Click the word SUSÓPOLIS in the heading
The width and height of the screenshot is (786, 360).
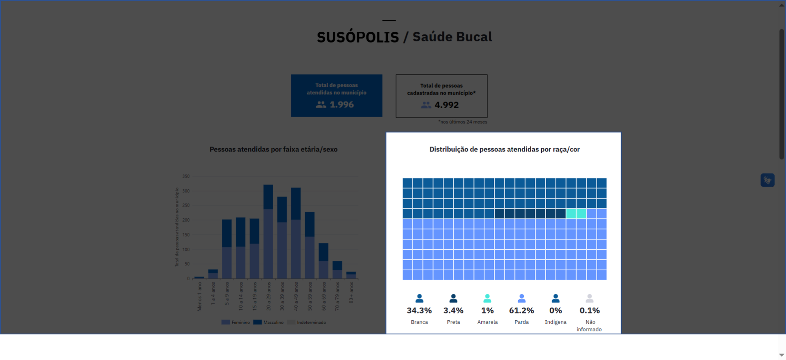(358, 37)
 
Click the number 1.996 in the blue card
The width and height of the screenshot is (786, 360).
(341, 105)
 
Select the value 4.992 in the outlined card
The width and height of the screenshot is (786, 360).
(446, 105)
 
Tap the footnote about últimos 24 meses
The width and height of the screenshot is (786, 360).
(463, 122)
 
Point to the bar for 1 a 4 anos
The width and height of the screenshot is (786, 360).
(213, 274)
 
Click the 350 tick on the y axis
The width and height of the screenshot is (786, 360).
(186, 176)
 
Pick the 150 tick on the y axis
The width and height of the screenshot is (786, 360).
(186, 235)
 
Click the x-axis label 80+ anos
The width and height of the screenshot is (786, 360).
(351, 293)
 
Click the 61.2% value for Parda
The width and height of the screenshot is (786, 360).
(521, 310)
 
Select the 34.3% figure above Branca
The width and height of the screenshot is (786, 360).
(419, 310)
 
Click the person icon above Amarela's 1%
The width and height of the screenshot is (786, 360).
(487, 298)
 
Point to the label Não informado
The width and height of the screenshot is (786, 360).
(589, 326)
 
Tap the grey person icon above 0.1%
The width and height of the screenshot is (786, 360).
(589, 298)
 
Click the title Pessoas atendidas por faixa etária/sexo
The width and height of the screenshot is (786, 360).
(273, 150)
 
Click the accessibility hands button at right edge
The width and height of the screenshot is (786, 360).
(767, 180)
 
